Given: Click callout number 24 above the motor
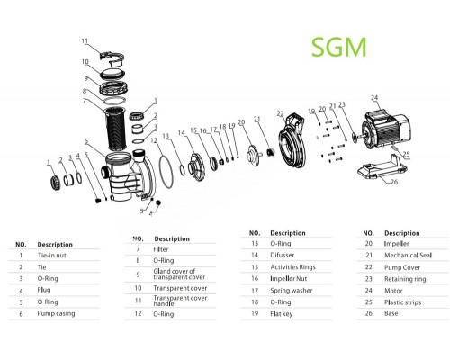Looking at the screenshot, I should pyautogui.click(x=374, y=98).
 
